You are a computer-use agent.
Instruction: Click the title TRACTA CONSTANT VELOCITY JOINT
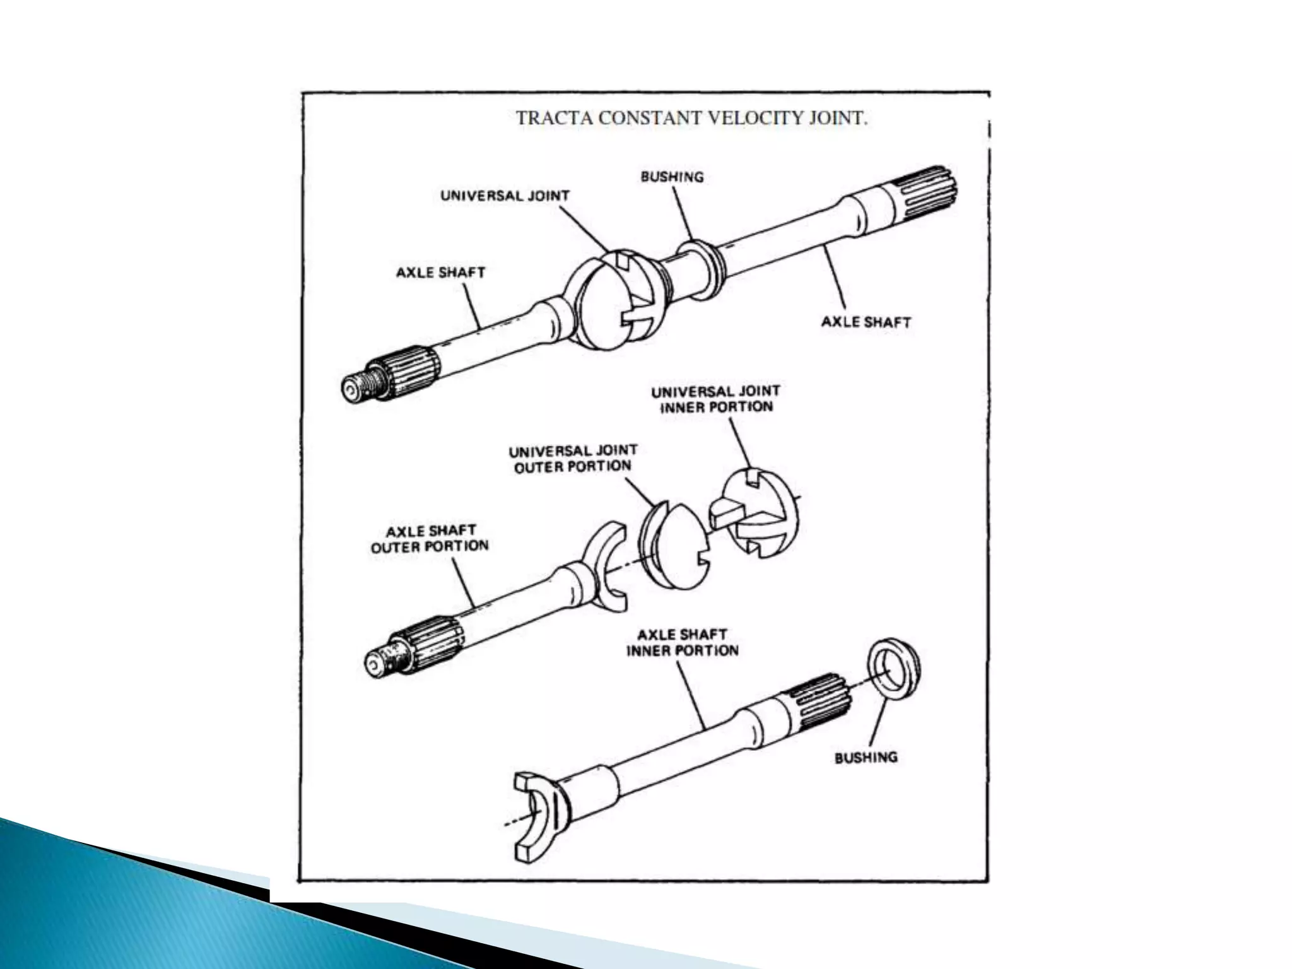[x=692, y=119]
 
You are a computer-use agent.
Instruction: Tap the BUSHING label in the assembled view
[x=671, y=177]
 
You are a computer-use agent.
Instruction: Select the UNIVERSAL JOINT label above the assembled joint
[x=505, y=196]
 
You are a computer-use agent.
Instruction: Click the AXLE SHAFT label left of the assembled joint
[x=440, y=273]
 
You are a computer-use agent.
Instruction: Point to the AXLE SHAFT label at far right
[x=866, y=322]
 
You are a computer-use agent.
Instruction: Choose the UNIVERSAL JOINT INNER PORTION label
[x=716, y=399]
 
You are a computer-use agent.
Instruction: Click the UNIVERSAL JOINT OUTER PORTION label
[x=573, y=459]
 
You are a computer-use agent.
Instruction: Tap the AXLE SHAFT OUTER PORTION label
[x=430, y=539]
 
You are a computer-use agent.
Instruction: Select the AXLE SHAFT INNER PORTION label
[x=682, y=642]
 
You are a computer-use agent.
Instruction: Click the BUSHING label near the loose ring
[x=866, y=758]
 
